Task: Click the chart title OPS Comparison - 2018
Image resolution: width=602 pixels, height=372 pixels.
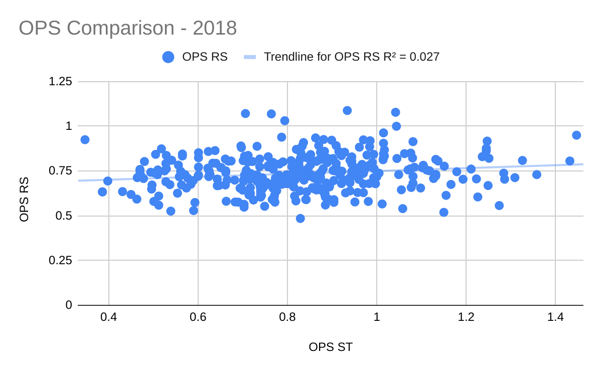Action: [128, 28]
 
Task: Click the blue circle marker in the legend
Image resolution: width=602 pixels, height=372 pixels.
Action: [169, 57]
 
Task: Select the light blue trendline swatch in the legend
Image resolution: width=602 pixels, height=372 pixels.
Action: [250, 57]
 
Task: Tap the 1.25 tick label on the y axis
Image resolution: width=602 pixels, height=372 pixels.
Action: [60, 82]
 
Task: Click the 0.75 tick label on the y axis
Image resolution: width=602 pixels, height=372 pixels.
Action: [60, 171]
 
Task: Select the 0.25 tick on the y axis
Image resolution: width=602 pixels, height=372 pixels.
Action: [60, 261]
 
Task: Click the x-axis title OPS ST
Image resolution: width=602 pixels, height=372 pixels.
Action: [331, 347]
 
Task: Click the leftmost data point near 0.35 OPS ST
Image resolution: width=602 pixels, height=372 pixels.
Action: [85, 139]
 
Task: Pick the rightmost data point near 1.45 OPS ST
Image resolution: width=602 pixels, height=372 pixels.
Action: [576, 135]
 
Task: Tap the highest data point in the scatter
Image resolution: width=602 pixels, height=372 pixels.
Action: [347, 110]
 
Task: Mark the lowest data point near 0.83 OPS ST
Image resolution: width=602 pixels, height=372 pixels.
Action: [300, 218]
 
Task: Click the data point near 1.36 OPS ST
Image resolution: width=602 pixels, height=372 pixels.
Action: [537, 174]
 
